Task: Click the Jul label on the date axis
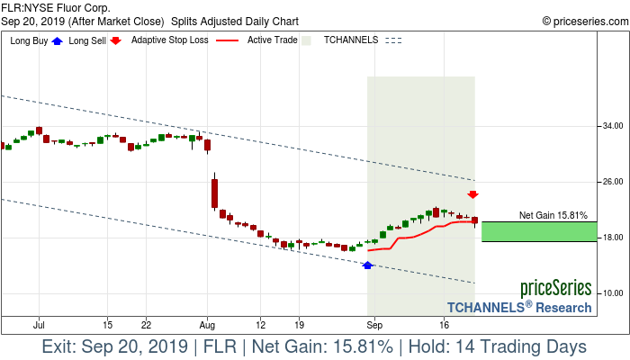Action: point(39,324)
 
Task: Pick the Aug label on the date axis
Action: point(208,324)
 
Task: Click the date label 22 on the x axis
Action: point(146,324)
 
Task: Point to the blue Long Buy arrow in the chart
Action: point(367,265)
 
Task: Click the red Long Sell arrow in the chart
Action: point(472,194)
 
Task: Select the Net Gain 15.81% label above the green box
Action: point(553,216)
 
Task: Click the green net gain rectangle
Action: point(538,231)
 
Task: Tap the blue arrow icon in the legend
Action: point(57,40)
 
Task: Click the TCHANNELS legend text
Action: point(350,40)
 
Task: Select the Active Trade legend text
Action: point(272,40)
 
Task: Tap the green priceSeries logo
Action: point(555,289)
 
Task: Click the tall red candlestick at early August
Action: point(214,193)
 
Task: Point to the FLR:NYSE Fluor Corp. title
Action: point(56,7)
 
